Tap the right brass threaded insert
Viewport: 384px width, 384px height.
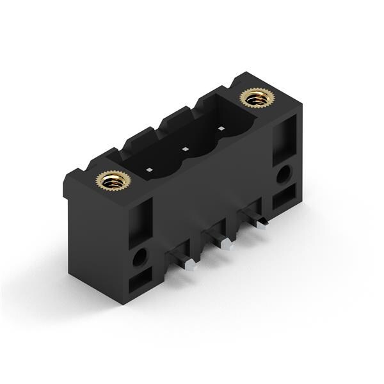pyautogui.click(x=256, y=98)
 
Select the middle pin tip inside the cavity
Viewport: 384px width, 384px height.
pyautogui.click(x=184, y=150)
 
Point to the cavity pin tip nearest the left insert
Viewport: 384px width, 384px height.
pyautogui.click(x=148, y=170)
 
